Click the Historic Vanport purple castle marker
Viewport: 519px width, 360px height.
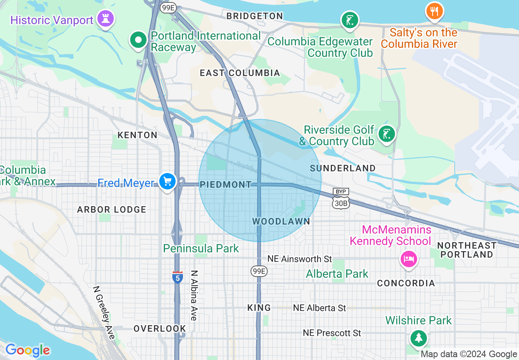point(106,19)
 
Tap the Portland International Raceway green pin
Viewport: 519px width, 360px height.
point(138,40)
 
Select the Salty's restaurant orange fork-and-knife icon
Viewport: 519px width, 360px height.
point(434,11)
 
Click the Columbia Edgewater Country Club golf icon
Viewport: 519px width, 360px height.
point(350,20)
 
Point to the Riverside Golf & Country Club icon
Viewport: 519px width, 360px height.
point(386,134)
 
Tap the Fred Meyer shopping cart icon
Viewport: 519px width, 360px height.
point(167,181)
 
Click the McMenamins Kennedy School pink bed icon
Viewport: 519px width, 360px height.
point(408,259)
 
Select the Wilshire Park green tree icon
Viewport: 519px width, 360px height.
point(418,338)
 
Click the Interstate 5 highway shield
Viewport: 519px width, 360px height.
point(177,277)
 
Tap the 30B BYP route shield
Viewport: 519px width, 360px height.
point(341,199)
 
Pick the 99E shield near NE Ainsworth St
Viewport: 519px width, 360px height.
point(259,271)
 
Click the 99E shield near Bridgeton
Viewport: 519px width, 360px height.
point(168,8)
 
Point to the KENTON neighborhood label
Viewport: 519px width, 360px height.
point(137,135)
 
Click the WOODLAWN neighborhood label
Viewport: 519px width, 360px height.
point(281,221)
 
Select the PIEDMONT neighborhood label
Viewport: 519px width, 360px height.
point(226,184)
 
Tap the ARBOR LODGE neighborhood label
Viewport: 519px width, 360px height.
point(112,209)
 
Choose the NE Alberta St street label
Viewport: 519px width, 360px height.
point(319,308)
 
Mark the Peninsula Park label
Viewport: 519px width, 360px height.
point(201,248)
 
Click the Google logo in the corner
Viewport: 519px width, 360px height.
point(27,350)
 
